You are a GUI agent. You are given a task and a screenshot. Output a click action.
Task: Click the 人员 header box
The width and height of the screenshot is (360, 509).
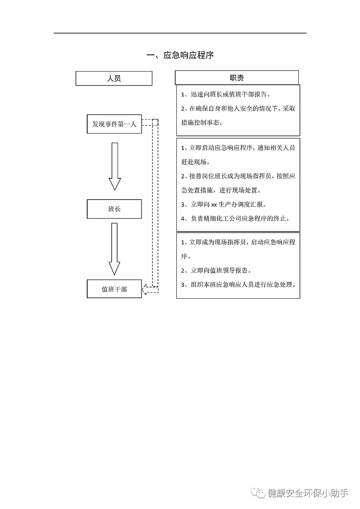[x=114, y=78]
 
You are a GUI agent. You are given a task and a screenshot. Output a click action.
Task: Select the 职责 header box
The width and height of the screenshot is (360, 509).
[x=237, y=78]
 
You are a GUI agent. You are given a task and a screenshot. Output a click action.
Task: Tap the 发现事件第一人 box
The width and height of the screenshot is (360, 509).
[x=114, y=124]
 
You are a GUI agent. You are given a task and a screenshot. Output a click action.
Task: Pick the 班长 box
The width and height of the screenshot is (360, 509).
[x=114, y=209]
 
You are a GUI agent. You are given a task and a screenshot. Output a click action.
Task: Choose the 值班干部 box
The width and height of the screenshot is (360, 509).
[x=114, y=289]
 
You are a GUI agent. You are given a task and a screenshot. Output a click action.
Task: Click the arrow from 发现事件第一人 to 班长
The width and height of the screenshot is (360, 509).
[x=115, y=166]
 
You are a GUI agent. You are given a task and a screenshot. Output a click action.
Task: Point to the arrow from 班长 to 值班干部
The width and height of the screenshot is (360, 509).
[x=115, y=248]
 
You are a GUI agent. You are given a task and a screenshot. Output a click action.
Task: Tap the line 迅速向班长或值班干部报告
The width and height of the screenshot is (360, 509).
[x=226, y=95]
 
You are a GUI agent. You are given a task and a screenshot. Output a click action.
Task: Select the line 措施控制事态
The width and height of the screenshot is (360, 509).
[x=202, y=122]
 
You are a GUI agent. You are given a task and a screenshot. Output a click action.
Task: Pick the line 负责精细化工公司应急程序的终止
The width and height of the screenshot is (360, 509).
[x=235, y=218]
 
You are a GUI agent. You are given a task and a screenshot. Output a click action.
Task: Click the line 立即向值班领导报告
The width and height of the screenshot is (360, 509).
[x=216, y=271]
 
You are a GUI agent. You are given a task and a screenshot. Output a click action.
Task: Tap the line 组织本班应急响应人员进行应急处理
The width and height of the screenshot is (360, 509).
[x=239, y=285]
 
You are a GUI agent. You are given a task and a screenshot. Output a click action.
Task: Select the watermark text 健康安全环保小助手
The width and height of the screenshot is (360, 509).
[x=308, y=493]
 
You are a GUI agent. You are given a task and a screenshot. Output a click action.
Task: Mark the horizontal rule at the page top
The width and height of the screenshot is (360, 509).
[x=180, y=33]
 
